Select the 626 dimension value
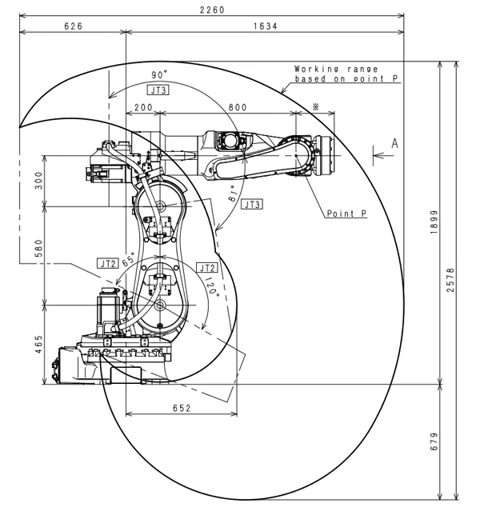pos(74,26)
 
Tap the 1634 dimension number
pos(266,26)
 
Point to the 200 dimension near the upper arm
pos(144,106)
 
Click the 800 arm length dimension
pos(237,106)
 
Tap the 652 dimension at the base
pos(182,408)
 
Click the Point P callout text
pos(346,214)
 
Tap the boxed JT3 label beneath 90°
pos(158,90)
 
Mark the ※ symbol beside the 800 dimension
pos(315,106)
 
